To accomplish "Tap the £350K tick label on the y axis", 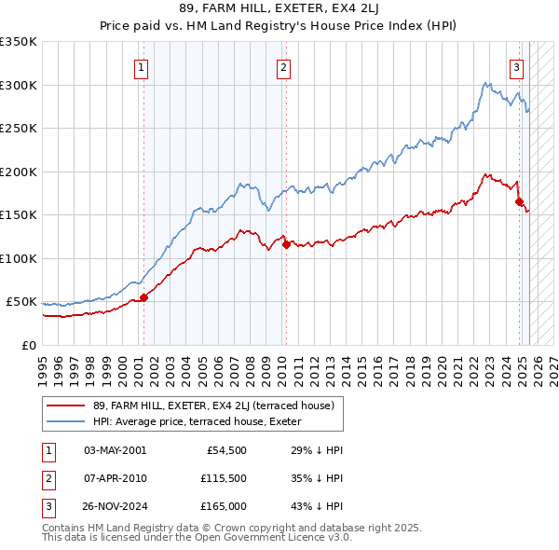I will (19, 42).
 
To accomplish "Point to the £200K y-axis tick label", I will (19, 172).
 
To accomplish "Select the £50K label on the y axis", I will (22, 302).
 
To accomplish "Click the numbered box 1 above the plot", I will (141, 67).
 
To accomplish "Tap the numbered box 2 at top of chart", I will (282, 67).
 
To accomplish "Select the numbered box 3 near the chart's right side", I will (516, 67).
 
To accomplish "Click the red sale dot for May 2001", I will (143, 297).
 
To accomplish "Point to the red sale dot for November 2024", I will (519, 201).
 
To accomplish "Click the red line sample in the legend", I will (67, 406).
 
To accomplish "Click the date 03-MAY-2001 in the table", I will (115, 450).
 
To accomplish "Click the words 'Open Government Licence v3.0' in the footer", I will (273, 538).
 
